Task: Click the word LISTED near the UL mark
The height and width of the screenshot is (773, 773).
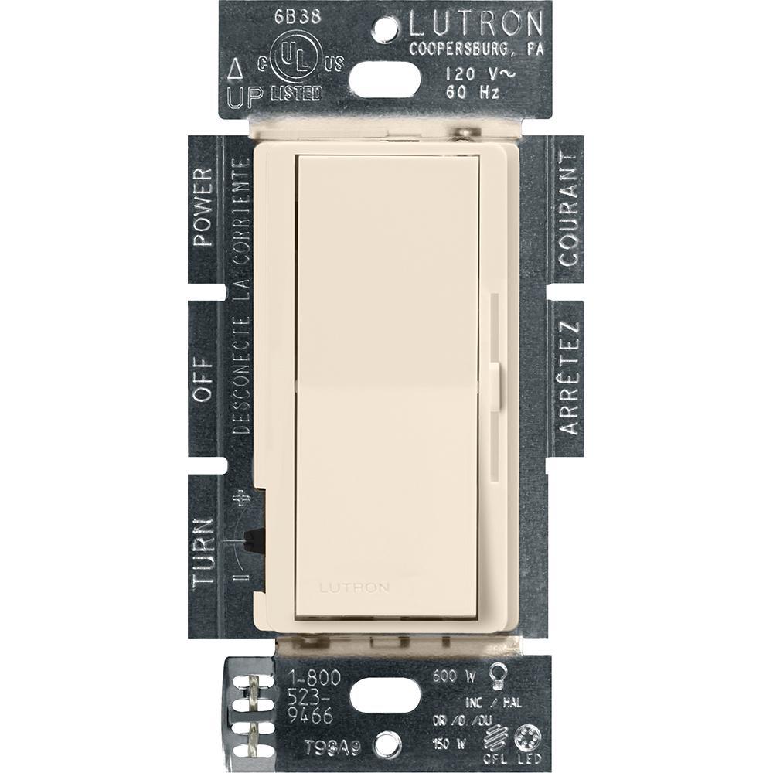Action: (x=296, y=94)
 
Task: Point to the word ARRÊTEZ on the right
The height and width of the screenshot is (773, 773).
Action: (x=569, y=379)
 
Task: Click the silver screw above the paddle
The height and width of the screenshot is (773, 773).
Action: (x=465, y=135)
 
